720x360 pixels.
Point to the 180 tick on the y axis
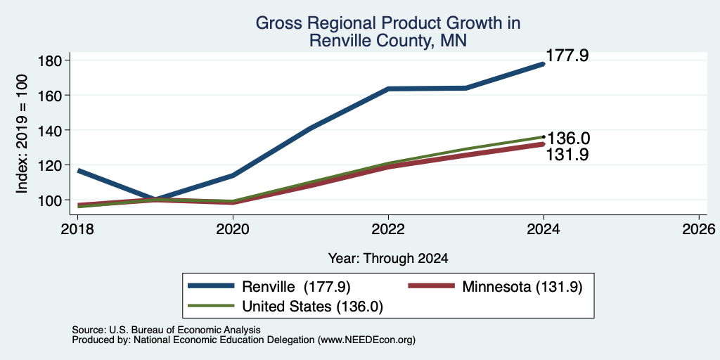[47, 60]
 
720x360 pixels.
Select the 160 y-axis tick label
[47, 96]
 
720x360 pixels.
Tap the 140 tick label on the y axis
[47, 130]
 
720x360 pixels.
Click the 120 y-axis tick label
[47, 165]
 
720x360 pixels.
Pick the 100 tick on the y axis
[47, 200]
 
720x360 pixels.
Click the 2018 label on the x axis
[77, 229]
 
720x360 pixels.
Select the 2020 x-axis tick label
[233, 229]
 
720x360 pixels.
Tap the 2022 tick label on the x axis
[388, 229]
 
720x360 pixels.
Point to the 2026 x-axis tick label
[699, 229]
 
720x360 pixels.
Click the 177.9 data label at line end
[567, 56]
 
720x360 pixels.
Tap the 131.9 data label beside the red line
[567, 155]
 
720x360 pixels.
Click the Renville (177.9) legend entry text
[296, 287]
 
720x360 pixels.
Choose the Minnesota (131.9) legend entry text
[522, 287]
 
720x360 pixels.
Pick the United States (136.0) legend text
[313, 307]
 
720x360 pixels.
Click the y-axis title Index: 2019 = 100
[22, 134]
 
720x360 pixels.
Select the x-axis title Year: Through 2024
[388, 259]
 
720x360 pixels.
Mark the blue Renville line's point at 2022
[388, 89]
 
